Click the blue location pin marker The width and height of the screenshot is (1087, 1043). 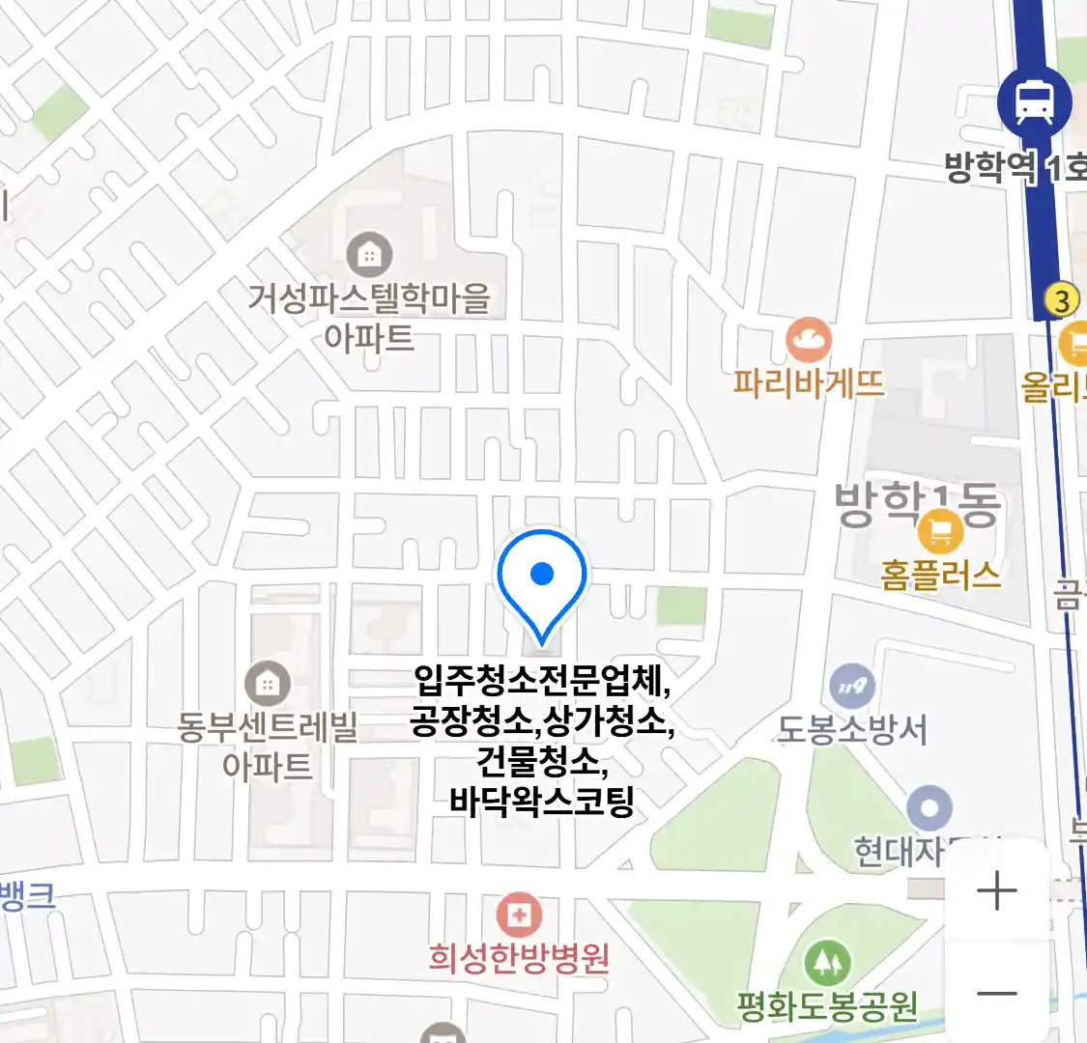[x=542, y=579]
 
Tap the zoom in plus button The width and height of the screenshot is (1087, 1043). [x=997, y=890]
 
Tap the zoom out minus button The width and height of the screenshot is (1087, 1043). [x=997, y=994]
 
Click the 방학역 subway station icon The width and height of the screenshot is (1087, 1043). [x=1034, y=102]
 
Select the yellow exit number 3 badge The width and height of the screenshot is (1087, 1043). [x=1062, y=300]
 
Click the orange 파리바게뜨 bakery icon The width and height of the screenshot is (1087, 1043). [x=808, y=340]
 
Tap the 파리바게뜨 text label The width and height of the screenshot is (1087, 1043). [x=808, y=383]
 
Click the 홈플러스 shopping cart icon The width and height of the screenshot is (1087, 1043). [x=940, y=531]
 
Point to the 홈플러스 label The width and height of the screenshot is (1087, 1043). [x=940, y=576]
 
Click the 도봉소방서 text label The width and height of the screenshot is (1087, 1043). [x=851, y=730]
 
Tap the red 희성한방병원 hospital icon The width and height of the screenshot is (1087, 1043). [x=519, y=915]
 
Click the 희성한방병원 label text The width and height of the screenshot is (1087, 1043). [x=519, y=958]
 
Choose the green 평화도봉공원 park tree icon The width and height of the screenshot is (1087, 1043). [x=827, y=963]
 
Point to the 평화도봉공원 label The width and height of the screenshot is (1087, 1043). [x=827, y=1007]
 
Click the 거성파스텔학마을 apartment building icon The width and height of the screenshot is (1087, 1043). [x=368, y=254]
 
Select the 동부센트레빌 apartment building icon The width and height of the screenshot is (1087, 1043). [x=267, y=684]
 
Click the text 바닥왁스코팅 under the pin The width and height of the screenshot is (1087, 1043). [x=541, y=801]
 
